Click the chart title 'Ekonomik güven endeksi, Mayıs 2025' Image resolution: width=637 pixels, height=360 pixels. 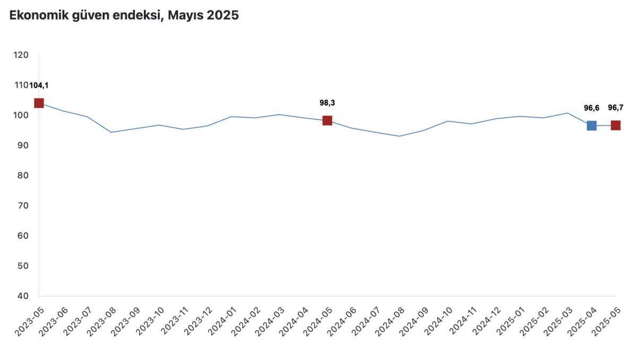coord(124,15)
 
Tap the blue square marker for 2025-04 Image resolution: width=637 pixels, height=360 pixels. coord(591,125)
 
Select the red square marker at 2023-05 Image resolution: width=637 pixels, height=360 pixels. coord(39,103)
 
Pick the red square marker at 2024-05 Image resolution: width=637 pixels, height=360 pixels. coord(327,121)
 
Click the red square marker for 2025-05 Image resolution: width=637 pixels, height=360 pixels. coord(615,125)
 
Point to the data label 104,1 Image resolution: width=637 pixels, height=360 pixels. coord(39,85)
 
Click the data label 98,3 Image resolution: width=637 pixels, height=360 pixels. coord(327,103)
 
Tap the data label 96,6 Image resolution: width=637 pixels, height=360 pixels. coord(591,108)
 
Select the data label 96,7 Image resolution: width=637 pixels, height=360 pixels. coord(615,108)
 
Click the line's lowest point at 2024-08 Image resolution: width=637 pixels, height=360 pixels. coord(399,136)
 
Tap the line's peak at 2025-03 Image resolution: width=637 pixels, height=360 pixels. coord(567,113)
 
